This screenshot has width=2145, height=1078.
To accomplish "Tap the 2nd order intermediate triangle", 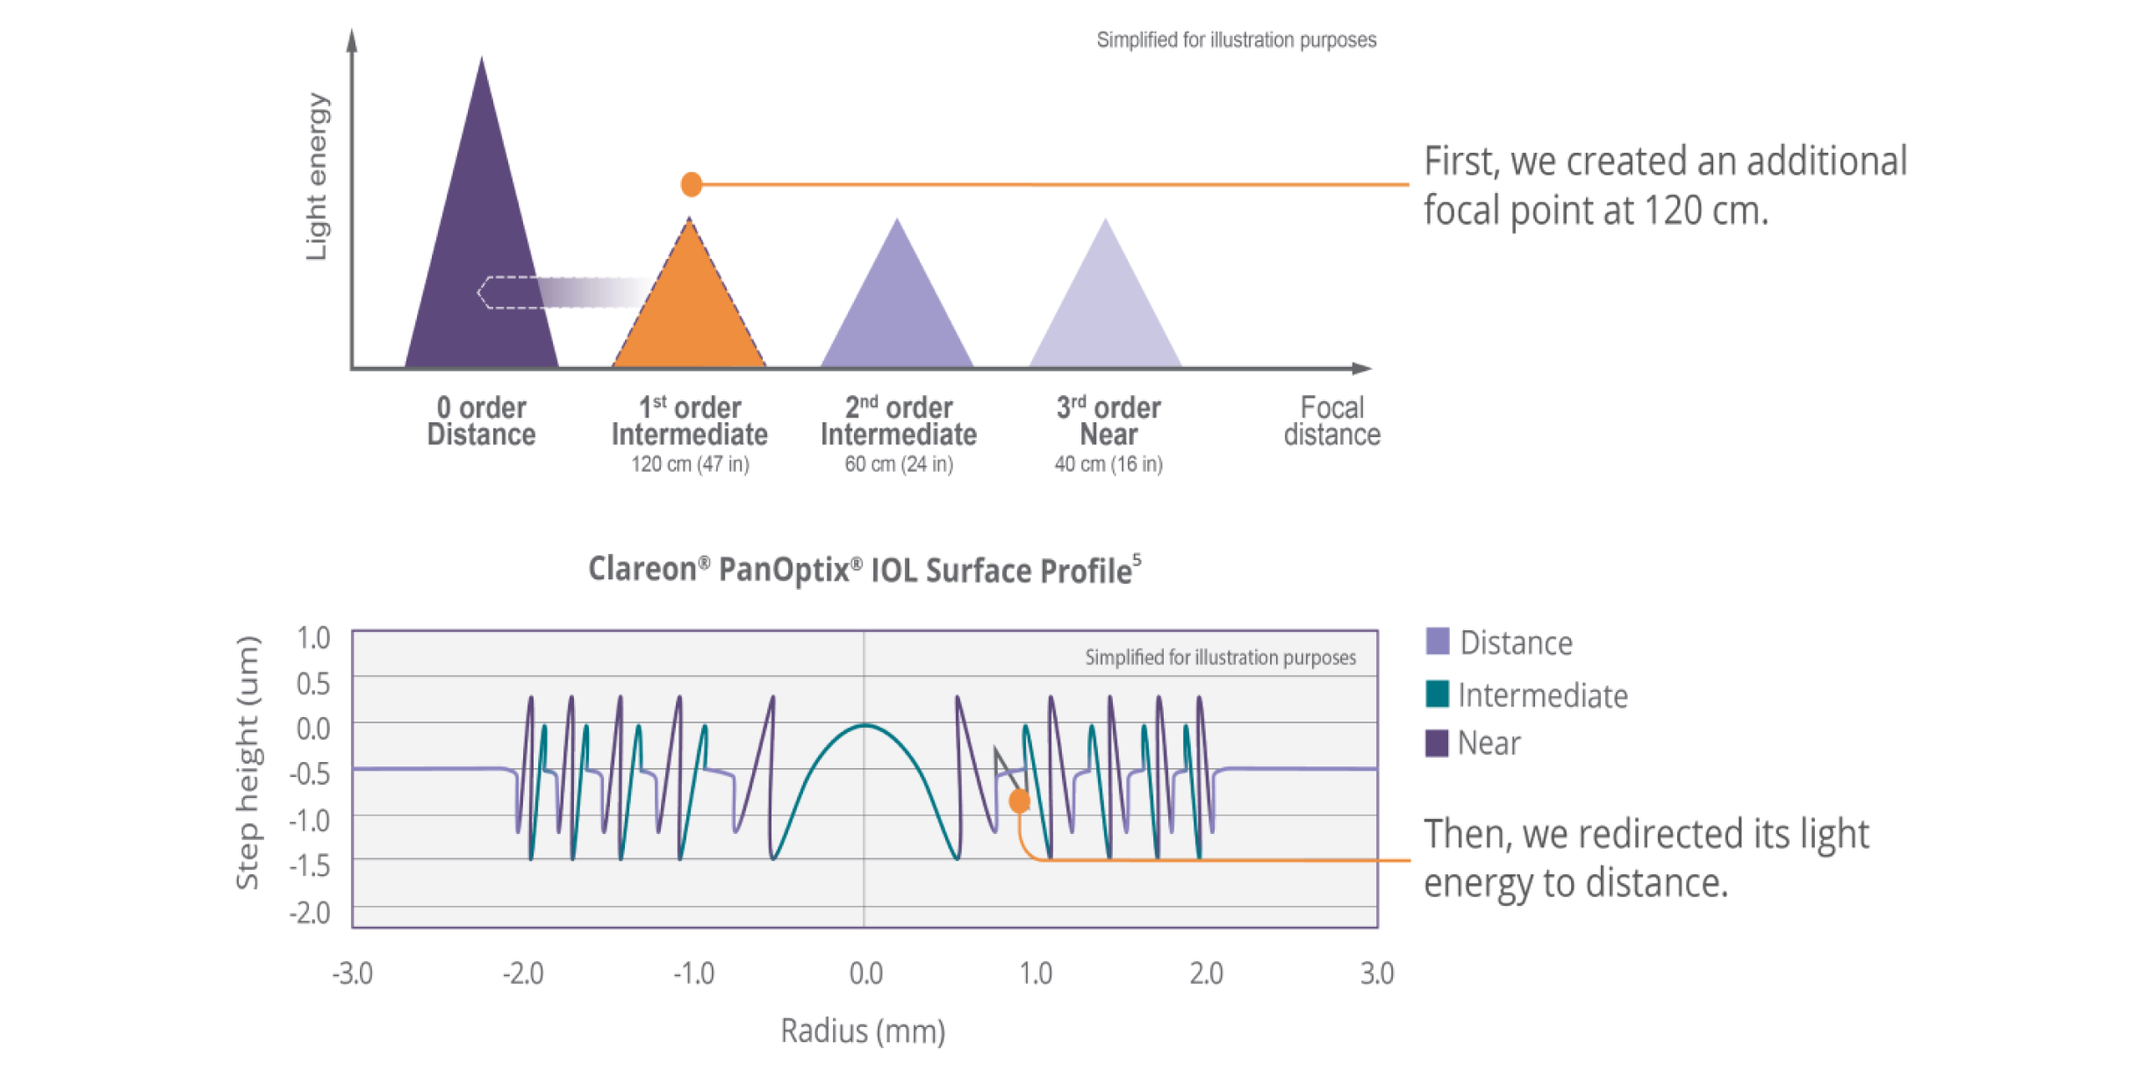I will (x=897, y=307).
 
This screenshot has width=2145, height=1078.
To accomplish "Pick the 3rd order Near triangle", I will (x=1105, y=307).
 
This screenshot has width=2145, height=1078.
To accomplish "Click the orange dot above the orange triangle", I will (x=692, y=183).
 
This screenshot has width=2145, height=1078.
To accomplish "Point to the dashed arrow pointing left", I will (x=562, y=291).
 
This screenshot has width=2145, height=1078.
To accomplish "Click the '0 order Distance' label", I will (x=481, y=420).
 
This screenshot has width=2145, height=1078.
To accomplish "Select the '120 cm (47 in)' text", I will (x=690, y=464).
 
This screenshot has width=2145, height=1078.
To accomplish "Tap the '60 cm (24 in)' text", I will (x=899, y=464).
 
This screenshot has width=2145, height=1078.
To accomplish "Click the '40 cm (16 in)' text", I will (x=1108, y=464).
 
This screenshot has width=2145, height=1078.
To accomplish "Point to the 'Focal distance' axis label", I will (x=1332, y=420).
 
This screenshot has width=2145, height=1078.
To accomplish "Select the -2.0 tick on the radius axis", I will (x=523, y=974).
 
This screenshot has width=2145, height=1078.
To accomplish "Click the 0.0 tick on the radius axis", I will (x=865, y=974).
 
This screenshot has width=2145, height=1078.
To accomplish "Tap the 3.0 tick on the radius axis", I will (x=1377, y=974).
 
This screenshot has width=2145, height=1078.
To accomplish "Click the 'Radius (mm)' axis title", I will (x=863, y=1031).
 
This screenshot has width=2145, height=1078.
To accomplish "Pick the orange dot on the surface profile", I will (x=1019, y=801).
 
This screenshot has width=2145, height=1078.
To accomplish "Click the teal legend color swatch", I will (x=1441, y=704).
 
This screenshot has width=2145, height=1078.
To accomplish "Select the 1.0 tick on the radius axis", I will (x=1036, y=974).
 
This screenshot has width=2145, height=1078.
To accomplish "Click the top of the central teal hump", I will (x=864, y=725).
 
